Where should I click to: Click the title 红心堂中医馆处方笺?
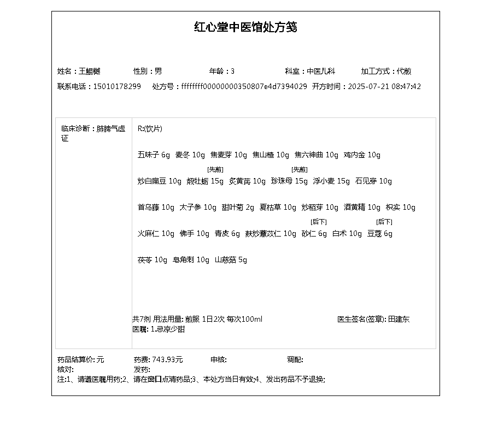[x=245, y=27]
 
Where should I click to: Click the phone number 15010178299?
[x=117, y=86]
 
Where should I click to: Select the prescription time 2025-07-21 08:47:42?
[x=384, y=86]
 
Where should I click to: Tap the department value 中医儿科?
[x=320, y=71]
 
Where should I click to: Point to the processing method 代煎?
[x=404, y=71]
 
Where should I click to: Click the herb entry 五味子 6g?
[x=154, y=155]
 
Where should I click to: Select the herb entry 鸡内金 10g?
[x=362, y=155]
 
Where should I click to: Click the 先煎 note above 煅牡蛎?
[x=215, y=169]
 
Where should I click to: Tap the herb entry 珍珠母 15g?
[x=289, y=181]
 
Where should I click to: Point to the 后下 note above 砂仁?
[x=318, y=222]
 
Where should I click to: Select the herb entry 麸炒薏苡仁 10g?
[x=271, y=233]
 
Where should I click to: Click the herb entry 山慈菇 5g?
[x=231, y=259]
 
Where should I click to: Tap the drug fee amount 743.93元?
[x=167, y=359]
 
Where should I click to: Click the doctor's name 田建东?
[x=399, y=319]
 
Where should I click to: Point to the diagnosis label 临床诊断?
[x=75, y=129]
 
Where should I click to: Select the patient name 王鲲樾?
[x=90, y=71]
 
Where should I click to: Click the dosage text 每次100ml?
[x=244, y=319]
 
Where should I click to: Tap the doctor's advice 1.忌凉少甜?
[x=167, y=329]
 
